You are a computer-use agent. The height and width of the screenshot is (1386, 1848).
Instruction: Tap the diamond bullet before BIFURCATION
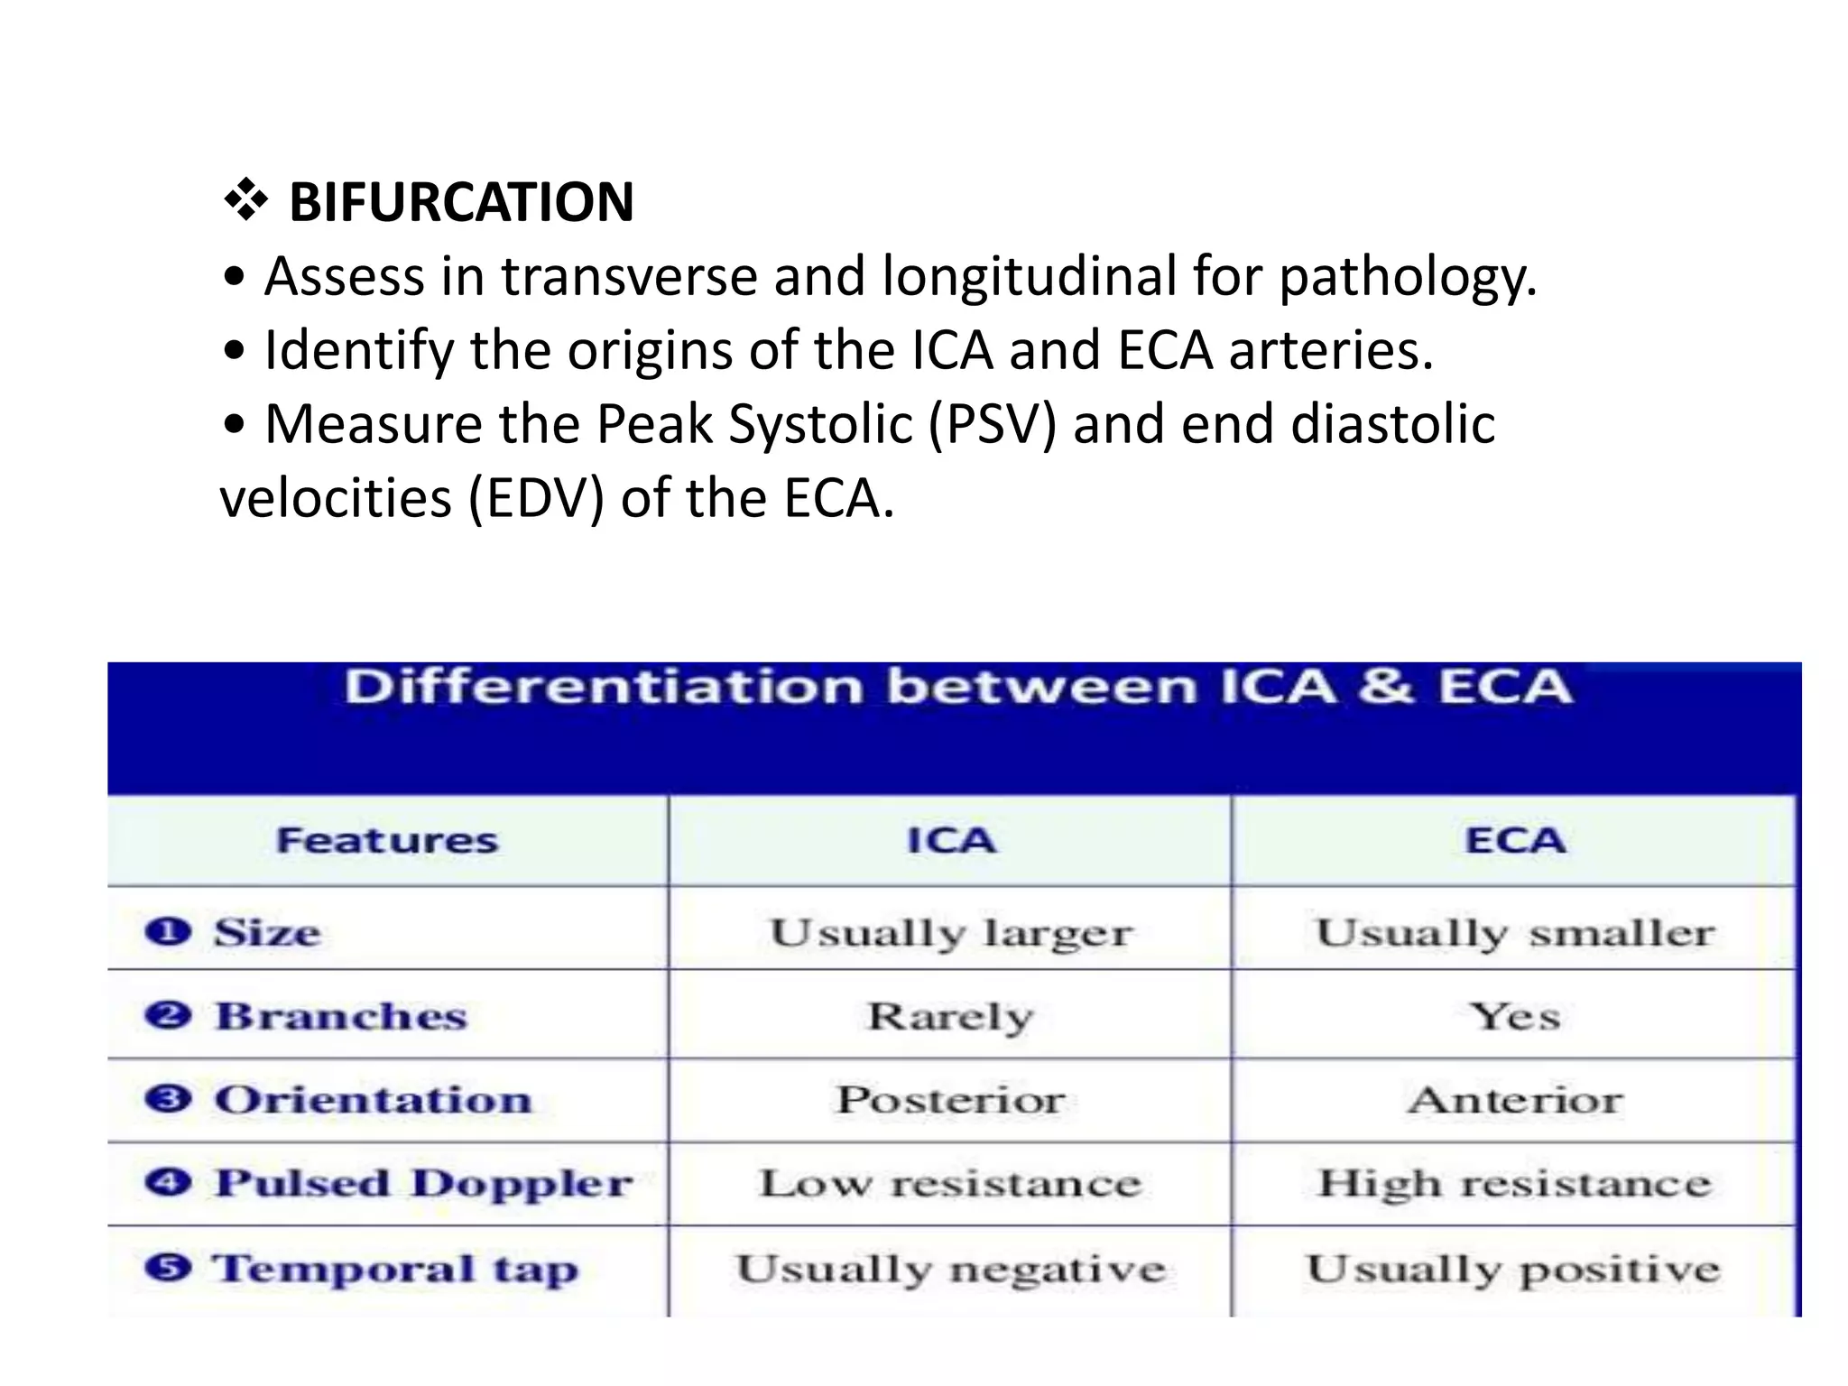[245, 200]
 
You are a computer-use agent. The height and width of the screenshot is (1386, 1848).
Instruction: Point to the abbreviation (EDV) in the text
[536, 498]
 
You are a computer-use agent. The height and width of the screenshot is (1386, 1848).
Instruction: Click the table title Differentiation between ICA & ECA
[957, 687]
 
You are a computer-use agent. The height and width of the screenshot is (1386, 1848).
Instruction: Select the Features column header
[387, 841]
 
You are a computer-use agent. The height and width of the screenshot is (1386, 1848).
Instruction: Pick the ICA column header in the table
[951, 841]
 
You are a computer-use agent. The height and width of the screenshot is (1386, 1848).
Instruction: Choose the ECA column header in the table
[1515, 841]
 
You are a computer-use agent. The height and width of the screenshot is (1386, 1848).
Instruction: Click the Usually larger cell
[951, 933]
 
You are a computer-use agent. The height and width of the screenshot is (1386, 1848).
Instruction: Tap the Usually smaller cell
[1515, 933]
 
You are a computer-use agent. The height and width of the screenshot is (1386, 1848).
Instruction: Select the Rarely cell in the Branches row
[951, 1017]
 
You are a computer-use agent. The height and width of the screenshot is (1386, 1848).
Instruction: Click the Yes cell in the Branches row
[1515, 1017]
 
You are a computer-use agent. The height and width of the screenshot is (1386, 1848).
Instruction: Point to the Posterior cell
[951, 1100]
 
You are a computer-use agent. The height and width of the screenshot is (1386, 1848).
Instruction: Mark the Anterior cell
[1515, 1100]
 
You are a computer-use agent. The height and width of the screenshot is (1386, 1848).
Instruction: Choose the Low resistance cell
[951, 1184]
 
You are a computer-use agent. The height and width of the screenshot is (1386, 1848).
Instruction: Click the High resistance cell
[1515, 1184]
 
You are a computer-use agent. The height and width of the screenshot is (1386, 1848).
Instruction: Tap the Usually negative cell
[951, 1270]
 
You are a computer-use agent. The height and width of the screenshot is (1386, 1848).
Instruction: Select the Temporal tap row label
[395, 1270]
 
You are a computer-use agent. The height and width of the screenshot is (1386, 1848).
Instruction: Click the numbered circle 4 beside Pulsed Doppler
[168, 1182]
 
